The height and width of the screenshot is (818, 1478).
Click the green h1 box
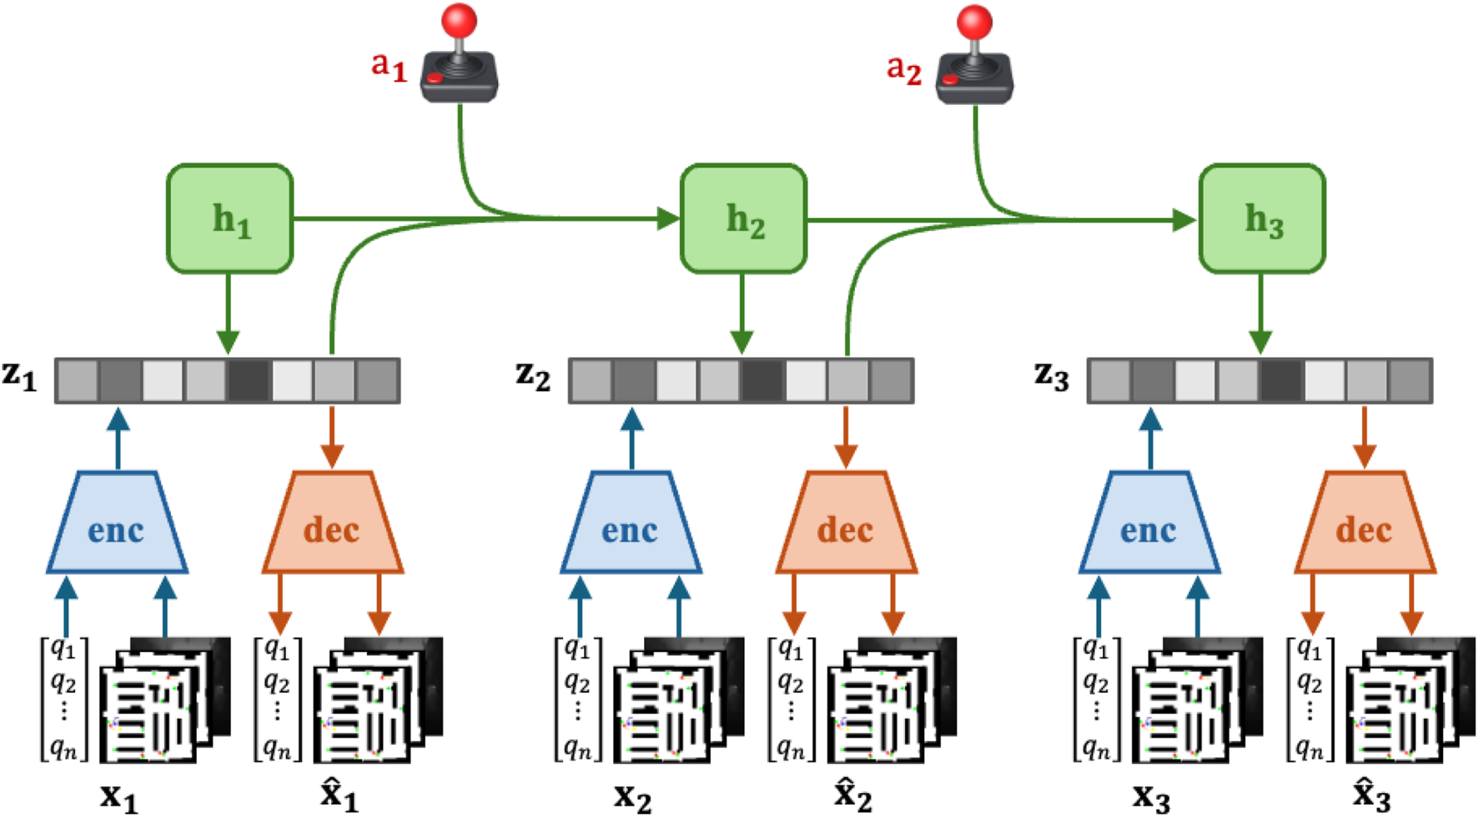(229, 218)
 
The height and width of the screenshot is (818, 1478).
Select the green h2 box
(743, 218)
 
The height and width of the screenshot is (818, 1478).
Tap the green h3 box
(1262, 218)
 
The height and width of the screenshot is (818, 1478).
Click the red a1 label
(389, 66)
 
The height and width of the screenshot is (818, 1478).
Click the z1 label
(19, 376)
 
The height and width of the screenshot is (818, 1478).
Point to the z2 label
(533, 376)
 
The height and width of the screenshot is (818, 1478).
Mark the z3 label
(1051, 376)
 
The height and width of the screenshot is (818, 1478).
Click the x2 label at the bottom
(632, 798)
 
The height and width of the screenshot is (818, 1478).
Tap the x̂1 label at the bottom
(339, 794)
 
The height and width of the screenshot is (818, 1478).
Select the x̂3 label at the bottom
(1371, 794)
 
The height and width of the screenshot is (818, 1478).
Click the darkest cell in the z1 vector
(249, 381)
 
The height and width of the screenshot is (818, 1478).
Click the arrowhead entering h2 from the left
(669, 218)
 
